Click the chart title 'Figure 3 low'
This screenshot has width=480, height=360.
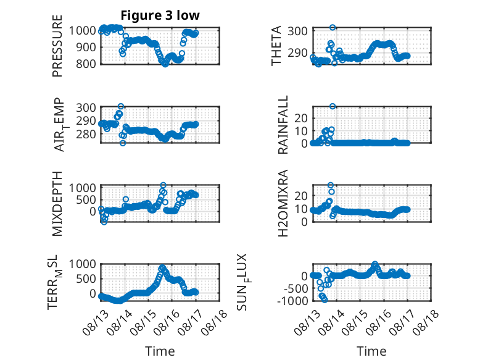pyautogui.click(x=160, y=15)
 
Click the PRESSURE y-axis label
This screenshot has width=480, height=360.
pyautogui.click(x=57, y=46)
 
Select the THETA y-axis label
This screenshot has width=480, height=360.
pyautogui.click(x=276, y=46)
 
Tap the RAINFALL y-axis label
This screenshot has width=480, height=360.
pyautogui.click(x=283, y=124)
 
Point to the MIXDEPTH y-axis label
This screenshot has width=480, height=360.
pyautogui.click(x=57, y=203)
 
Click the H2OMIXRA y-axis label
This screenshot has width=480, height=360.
pyautogui.click(x=283, y=203)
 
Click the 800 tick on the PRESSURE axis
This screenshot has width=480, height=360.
pyautogui.click(x=86, y=64)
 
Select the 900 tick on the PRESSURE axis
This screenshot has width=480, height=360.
pyautogui.click(x=86, y=47)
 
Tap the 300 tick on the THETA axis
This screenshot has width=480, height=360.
pyautogui.click(x=297, y=31)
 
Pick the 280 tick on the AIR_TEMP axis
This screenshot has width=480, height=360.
pyautogui.click(x=86, y=134)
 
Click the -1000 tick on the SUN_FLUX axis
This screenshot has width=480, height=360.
pyautogui.click(x=292, y=301)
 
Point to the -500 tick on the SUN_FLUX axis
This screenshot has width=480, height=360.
pyautogui.click(x=296, y=288)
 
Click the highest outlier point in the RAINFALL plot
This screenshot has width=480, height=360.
pyautogui.click(x=333, y=106)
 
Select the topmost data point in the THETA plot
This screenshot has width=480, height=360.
pyautogui.click(x=333, y=27)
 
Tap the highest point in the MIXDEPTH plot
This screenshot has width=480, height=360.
pyautogui.click(x=163, y=185)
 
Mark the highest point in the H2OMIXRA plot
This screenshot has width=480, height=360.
pyautogui.click(x=331, y=185)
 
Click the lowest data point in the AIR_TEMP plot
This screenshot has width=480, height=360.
pyautogui.click(x=123, y=143)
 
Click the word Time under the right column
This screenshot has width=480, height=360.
pyautogui.click(x=371, y=351)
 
